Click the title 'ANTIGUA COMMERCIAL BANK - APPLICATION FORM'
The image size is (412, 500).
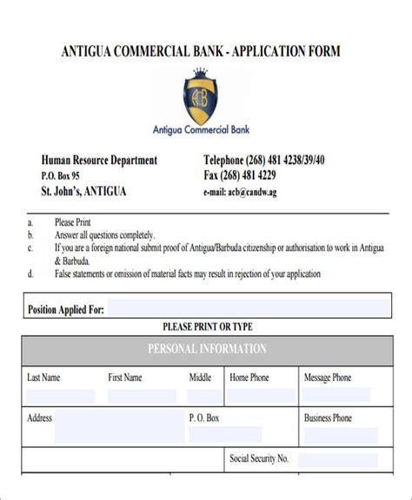click(x=201, y=51)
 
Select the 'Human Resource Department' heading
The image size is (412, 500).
click(x=99, y=160)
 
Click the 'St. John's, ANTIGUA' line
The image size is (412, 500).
click(x=83, y=191)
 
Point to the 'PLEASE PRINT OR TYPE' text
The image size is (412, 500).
click(x=206, y=326)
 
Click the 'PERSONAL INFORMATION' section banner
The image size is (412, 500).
click(x=206, y=349)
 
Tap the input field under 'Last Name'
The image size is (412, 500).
click(x=61, y=396)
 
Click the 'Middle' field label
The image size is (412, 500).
click(x=200, y=378)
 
